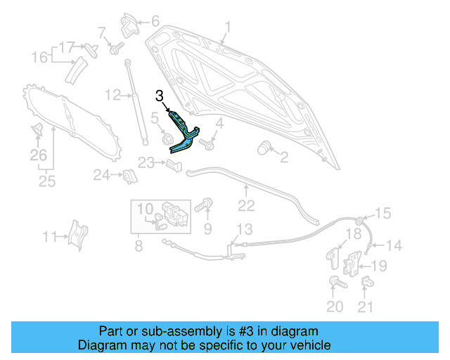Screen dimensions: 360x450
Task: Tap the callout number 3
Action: point(160,95)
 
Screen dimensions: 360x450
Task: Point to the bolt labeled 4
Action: point(209,144)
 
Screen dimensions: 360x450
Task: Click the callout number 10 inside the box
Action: point(144,209)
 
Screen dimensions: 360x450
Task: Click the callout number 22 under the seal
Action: point(246,205)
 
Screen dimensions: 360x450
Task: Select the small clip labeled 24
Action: point(129,175)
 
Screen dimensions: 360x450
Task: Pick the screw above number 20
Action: point(335,283)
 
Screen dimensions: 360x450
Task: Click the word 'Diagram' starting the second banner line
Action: point(101,345)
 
